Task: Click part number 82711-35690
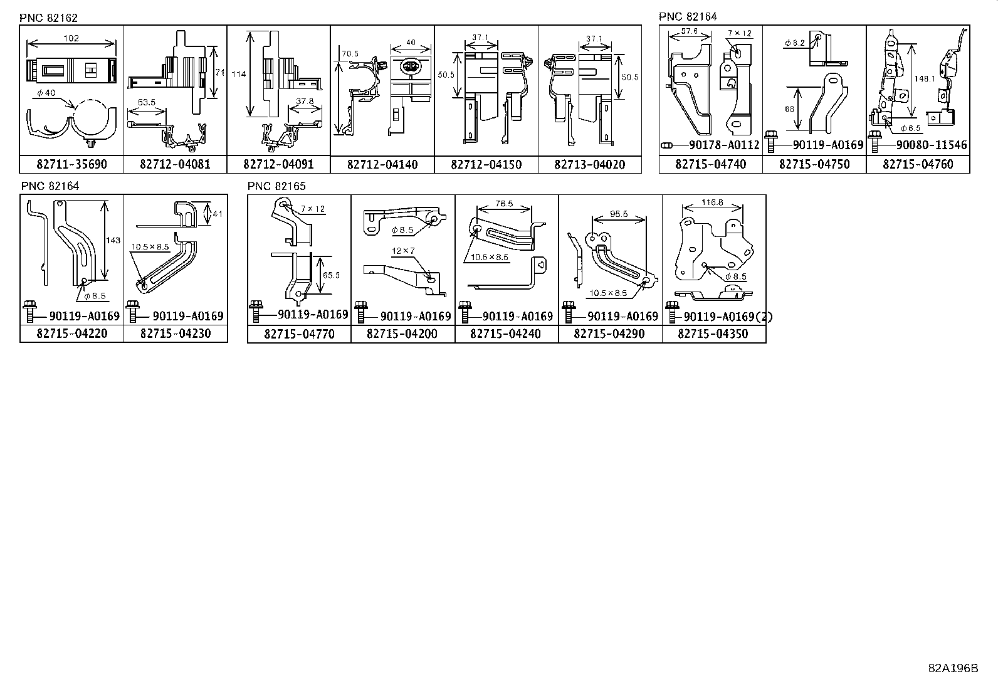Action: click(71, 165)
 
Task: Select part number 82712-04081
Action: click(175, 165)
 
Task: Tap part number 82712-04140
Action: click(382, 165)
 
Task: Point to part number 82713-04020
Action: click(589, 165)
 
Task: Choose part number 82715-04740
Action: click(710, 165)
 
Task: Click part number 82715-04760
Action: click(918, 165)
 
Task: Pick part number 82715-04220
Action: click(71, 334)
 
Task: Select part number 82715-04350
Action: click(713, 334)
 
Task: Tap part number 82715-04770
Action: click(299, 334)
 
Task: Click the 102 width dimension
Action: click(71, 38)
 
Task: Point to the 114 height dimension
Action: click(238, 74)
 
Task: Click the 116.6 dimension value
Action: click(712, 202)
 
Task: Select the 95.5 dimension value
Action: click(619, 214)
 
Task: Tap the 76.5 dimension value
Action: click(503, 204)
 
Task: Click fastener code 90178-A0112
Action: click(723, 145)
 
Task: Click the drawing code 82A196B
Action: click(953, 668)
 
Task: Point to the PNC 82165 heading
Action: click(276, 186)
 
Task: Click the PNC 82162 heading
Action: click(48, 18)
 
